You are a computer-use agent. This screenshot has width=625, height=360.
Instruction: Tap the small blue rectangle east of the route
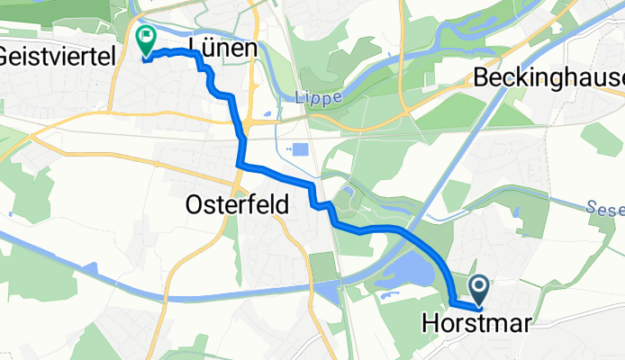(300, 154)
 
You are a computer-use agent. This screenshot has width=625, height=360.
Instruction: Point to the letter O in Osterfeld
(195, 204)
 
